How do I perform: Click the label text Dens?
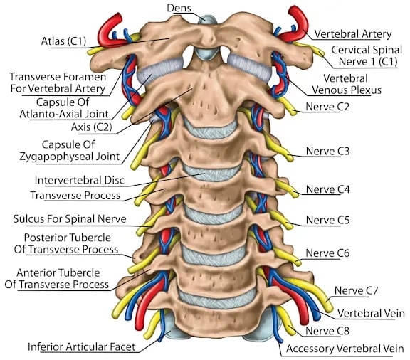pyautogui.click(x=179, y=8)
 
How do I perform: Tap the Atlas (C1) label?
pyautogui.click(x=63, y=41)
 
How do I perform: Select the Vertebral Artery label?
pyautogui.click(x=353, y=34)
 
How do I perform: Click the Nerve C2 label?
pyautogui.click(x=327, y=107)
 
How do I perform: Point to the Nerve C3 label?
pyautogui.click(x=327, y=151)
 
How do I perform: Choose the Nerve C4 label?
pyautogui.click(x=327, y=189)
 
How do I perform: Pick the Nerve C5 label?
pyautogui.click(x=327, y=220)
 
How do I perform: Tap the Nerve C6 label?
pyautogui.click(x=327, y=253)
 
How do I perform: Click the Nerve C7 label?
pyautogui.click(x=356, y=290)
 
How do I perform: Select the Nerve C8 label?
pyautogui.click(x=327, y=331)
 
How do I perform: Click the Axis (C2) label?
pyautogui.click(x=92, y=127)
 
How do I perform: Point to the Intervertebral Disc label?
pyautogui.click(x=79, y=181)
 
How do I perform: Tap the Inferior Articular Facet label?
pyautogui.click(x=82, y=347)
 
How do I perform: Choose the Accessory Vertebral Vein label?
pyautogui.click(x=345, y=349)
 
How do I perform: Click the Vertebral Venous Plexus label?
pyautogui.click(x=346, y=84)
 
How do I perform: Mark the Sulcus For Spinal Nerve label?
pyautogui.click(x=70, y=219)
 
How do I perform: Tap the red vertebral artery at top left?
pyautogui.click(x=110, y=28)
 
